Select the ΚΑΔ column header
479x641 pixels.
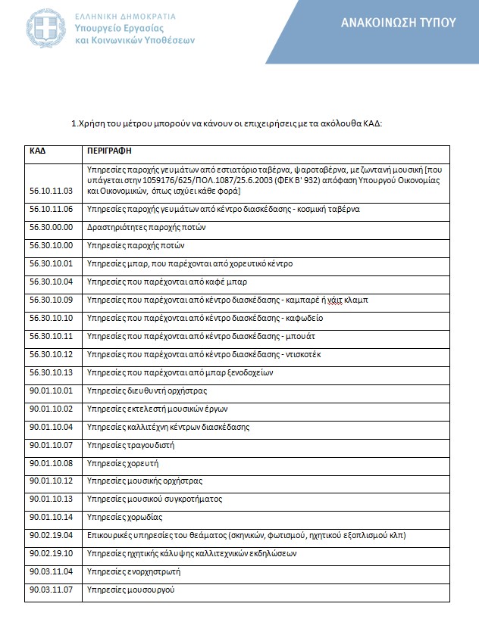pos(38,151)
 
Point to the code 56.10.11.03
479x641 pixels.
pos(51,191)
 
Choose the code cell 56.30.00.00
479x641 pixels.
pos(51,227)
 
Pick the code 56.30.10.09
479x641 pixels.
pos(51,300)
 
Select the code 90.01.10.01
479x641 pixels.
pos(51,391)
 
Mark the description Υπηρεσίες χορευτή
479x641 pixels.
pos(124,463)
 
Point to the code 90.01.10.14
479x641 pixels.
pos(51,517)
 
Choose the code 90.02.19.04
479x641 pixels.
pos(51,535)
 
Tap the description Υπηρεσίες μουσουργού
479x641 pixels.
pos(131,590)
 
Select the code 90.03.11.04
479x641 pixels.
pos(51,571)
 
